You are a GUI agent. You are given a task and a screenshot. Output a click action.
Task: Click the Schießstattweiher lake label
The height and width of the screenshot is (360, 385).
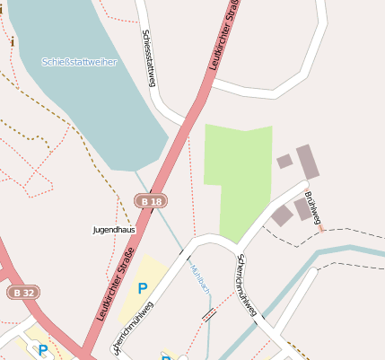79,62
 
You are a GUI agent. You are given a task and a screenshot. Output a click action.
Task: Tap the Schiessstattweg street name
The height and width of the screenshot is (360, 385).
150,60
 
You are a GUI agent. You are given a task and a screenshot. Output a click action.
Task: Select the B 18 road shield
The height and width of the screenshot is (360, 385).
151,202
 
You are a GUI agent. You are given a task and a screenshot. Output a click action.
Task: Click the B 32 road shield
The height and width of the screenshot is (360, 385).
24,293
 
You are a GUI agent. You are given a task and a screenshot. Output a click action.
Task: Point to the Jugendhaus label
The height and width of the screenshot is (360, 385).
114,230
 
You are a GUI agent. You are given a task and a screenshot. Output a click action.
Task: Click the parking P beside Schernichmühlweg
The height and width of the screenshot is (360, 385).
142,288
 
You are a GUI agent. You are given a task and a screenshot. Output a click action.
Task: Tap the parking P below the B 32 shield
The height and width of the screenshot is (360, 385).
42,349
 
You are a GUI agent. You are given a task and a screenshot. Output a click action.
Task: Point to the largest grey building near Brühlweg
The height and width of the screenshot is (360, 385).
308,162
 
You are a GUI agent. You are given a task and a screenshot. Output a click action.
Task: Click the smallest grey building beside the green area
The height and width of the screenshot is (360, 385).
284,162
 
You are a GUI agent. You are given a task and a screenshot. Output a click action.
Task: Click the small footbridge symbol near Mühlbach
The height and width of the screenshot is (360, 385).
209,315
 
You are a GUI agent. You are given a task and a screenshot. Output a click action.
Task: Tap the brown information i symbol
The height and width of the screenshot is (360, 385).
13,41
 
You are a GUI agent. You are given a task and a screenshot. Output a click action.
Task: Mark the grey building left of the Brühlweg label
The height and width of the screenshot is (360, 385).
282,215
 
